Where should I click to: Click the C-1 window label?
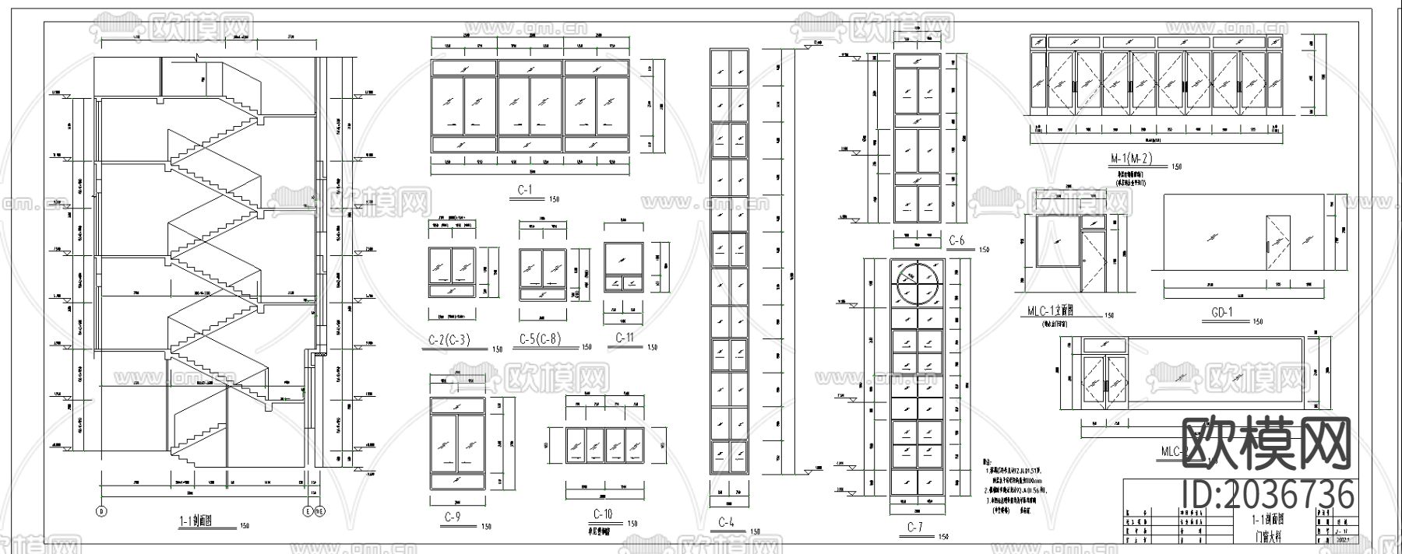coord(524,190)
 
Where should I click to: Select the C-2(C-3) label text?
coord(449,340)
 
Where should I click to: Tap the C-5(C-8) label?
coord(540,339)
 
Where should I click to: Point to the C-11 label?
coord(625,338)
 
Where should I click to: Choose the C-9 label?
coord(453,517)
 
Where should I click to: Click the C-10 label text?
coord(603,514)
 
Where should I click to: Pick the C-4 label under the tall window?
coord(726,522)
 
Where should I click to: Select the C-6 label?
coord(956,241)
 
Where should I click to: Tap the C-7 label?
coord(914,528)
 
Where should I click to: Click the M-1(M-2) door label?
coord(1131,159)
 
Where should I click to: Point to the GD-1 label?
coord(1221,313)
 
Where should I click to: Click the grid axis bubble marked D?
coord(101,511)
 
